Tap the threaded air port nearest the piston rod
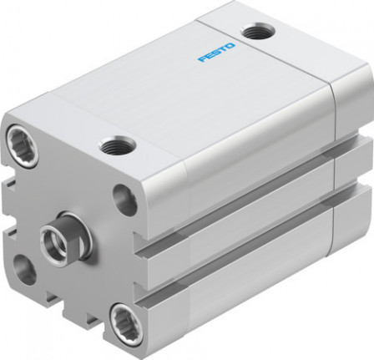114,148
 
